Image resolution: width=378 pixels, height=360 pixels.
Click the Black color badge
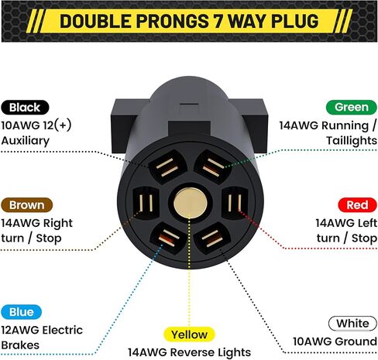(x=25, y=108)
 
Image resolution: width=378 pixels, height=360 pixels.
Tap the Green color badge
(x=352, y=107)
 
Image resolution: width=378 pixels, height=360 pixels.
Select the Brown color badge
(x=27, y=205)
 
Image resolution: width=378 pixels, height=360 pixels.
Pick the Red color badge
(x=357, y=205)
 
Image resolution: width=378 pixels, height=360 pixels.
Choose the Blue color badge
(x=22, y=312)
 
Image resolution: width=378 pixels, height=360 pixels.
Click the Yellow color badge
(x=189, y=334)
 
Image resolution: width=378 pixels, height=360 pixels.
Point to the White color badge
(x=352, y=324)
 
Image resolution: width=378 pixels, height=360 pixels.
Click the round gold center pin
(x=191, y=203)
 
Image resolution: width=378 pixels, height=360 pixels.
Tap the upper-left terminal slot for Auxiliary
(x=167, y=166)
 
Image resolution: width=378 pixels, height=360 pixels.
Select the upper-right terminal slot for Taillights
(x=213, y=166)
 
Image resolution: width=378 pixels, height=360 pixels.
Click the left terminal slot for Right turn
(x=146, y=203)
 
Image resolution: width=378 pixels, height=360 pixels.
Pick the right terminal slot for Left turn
(x=235, y=203)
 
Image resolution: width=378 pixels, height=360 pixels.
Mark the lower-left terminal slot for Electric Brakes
(x=168, y=239)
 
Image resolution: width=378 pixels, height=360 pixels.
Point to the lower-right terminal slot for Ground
(x=211, y=238)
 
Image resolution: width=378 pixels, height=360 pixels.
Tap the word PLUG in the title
(x=294, y=21)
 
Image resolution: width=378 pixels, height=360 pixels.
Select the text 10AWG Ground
(x=335, y=341)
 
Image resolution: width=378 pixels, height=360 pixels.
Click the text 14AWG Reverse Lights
(x=189, y=352)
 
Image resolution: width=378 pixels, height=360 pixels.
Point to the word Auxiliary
(x=26, y=141)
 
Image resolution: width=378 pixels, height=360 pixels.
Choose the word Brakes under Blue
(x=20, y=345)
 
